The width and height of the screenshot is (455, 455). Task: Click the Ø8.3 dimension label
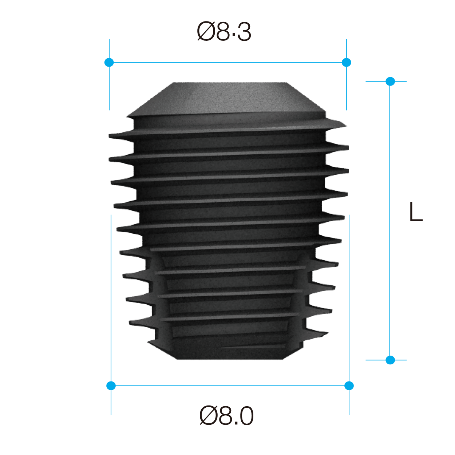pos(224,32)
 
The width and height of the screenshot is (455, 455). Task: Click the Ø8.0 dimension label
pos(226,416)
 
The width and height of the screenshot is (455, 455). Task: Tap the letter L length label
pos(416,212)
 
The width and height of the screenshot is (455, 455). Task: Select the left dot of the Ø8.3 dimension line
pos(109,62)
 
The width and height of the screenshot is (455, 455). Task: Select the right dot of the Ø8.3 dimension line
pos(347,62)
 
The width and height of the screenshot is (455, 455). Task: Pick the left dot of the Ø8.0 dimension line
pos(111,385)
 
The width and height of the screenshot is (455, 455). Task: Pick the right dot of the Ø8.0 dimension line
pos(349,385)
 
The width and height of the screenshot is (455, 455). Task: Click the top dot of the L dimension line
pos(390,81)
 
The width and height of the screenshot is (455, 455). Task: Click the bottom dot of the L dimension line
pos(390,360)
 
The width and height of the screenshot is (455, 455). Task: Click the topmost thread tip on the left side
pos(110,136)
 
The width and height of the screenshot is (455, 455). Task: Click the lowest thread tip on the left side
pos(131,323)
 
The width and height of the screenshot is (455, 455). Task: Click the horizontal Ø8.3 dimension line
pos(227,62)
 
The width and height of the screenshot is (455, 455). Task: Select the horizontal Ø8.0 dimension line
pos(229,385)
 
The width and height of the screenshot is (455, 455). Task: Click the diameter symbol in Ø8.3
pos(206,32)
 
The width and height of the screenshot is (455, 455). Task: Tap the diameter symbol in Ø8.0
pos(209,416)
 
